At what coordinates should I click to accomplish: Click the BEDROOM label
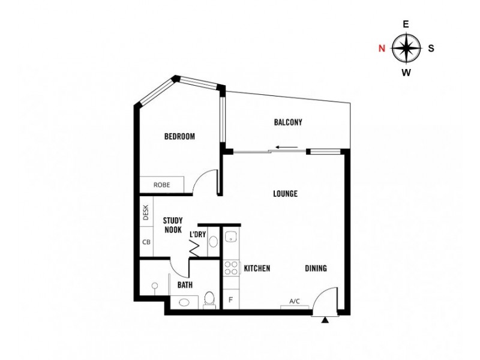(x=179, y=137)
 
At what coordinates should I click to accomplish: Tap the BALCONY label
(x=288, y=122)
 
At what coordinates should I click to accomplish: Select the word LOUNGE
(x=285, y=194)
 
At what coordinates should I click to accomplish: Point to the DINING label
(x=316, y=268)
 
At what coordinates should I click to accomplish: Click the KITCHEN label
(x=257, y=268)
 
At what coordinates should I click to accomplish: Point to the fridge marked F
(x=230, y=299)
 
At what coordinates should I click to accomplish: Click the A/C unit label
(x=295, y=302)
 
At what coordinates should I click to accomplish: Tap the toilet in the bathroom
(x=209, y=298)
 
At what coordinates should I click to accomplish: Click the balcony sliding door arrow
(x=283, y=147)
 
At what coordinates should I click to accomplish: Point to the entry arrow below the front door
(x=325, y=322)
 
